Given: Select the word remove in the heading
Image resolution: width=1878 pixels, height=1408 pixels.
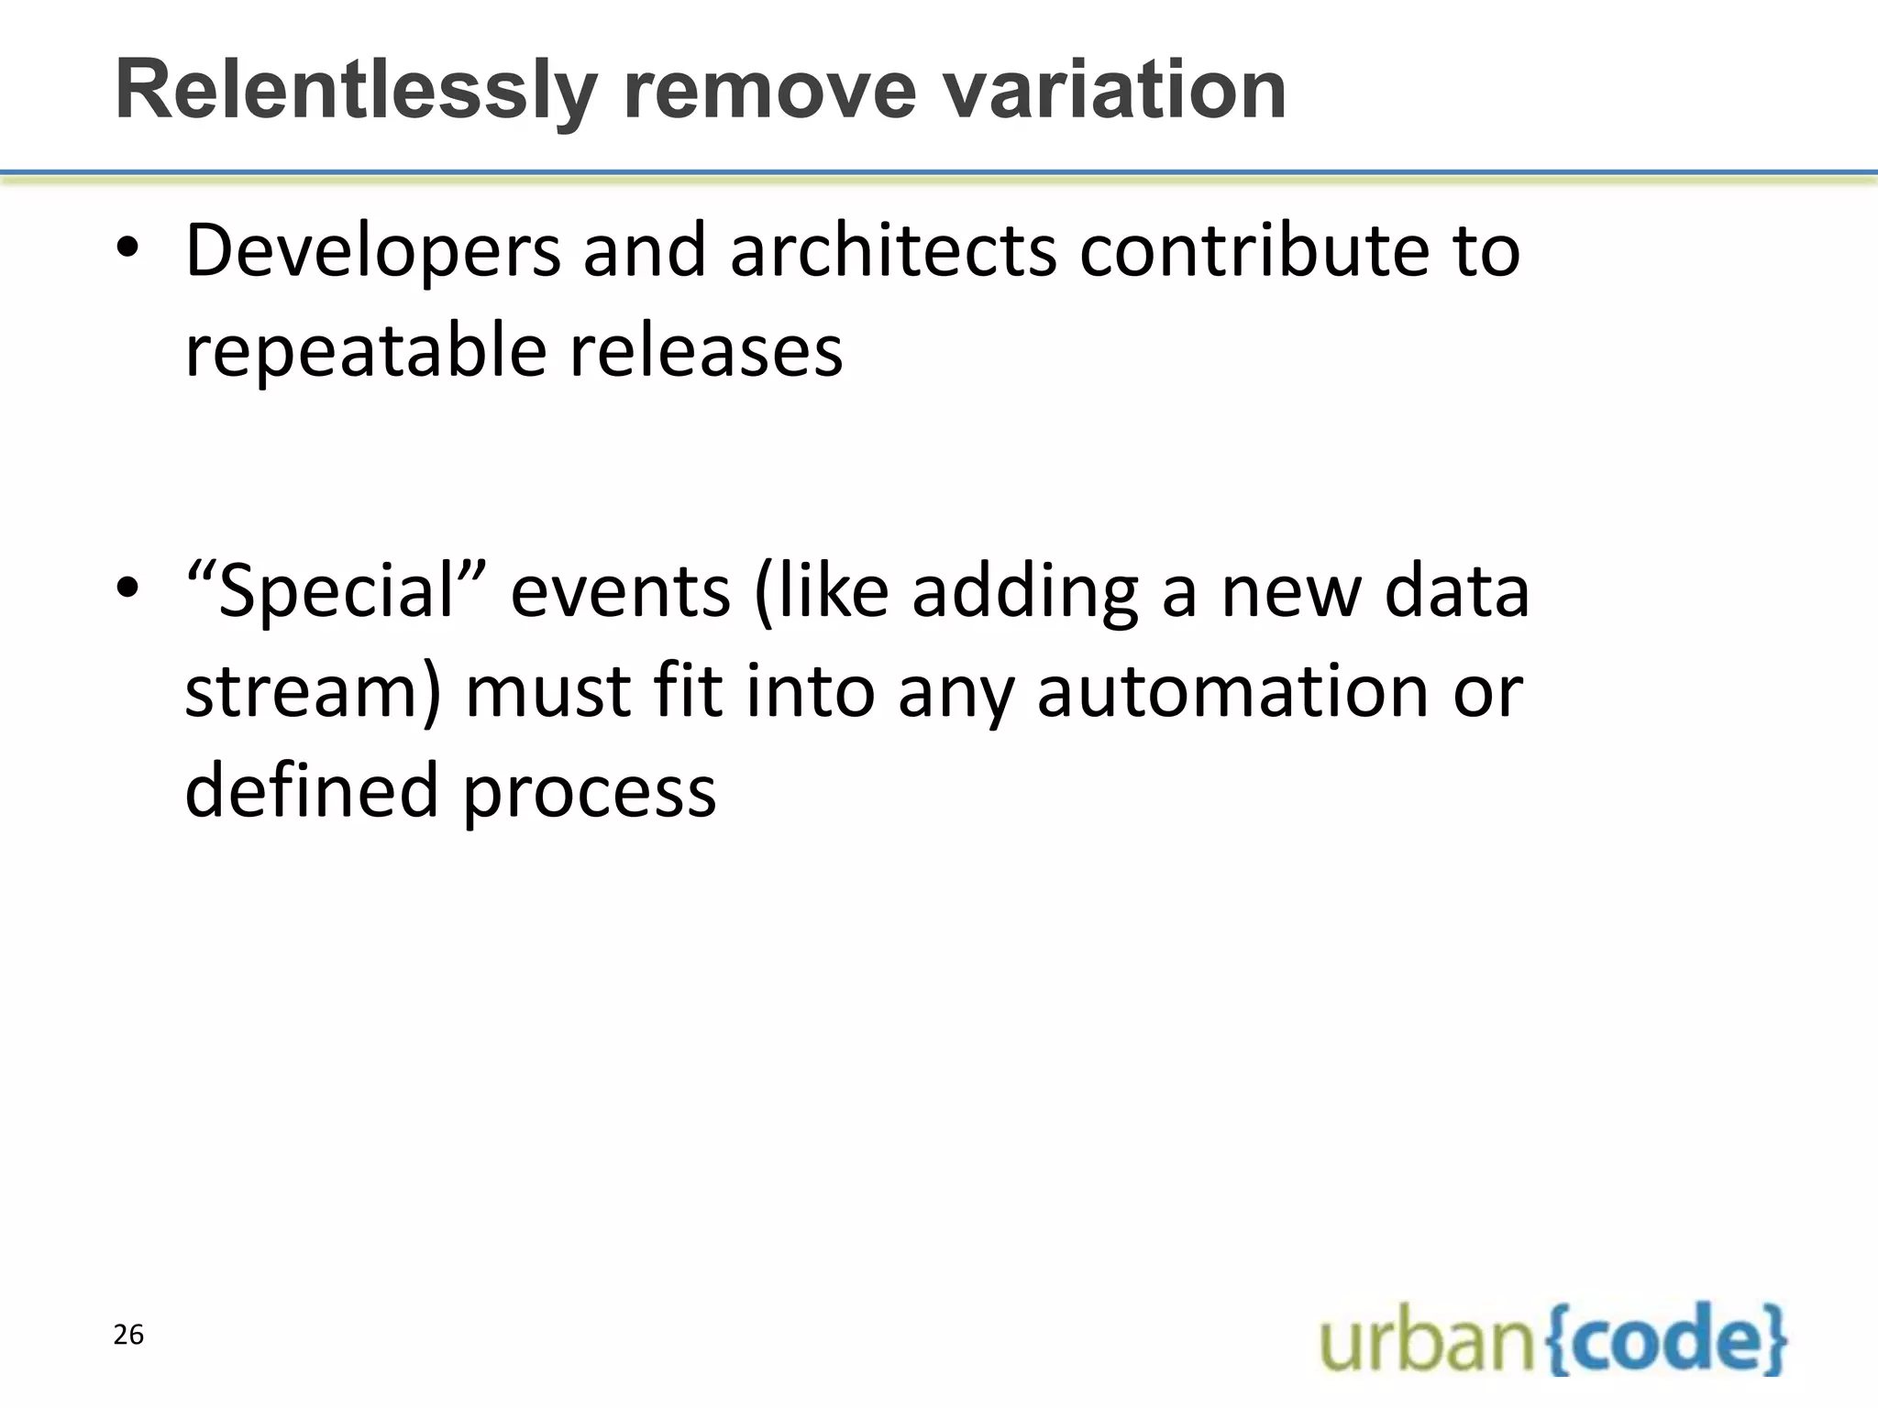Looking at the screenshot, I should click(769, 92).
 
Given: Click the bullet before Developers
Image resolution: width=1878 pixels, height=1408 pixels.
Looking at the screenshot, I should click(127, 250).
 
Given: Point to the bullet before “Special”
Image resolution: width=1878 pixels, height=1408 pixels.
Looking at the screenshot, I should click(127, 589).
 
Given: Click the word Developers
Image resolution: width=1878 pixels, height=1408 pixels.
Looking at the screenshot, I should click(372, 252).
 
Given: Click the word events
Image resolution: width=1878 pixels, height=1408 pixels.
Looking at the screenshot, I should click(620, 591).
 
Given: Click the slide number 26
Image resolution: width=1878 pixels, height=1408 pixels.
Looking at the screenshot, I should click(128, 1335).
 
